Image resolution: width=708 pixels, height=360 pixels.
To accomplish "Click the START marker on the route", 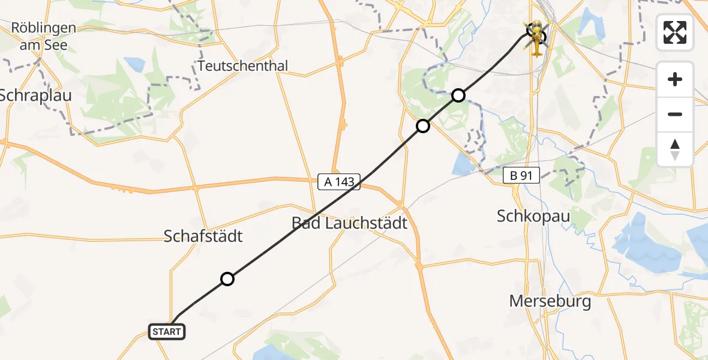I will pos(166,331).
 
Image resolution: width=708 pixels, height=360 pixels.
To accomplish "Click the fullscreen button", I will pos(675,32).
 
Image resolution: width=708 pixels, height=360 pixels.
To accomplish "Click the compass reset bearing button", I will pos(675,149).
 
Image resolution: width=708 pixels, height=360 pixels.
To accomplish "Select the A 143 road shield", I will pos(339,182).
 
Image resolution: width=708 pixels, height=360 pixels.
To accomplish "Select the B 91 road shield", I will pos(521,175).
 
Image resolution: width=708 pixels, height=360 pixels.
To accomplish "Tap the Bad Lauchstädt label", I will pos(349,223).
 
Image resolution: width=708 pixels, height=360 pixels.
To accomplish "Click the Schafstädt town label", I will pos(203,236).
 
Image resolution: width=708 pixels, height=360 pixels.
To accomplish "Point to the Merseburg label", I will pos(550,301).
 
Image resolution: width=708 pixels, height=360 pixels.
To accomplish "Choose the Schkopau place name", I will pos(533,215).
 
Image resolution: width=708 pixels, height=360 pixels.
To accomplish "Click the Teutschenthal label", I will pos(243,65).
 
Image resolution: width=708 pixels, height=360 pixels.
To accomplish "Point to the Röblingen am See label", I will pos(44,36).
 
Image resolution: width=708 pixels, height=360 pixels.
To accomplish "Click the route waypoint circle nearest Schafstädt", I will pos(227,278).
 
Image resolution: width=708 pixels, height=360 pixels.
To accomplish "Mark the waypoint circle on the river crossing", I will pos(458,95).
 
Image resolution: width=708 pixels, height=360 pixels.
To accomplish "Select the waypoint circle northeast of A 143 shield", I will pos(423,125).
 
